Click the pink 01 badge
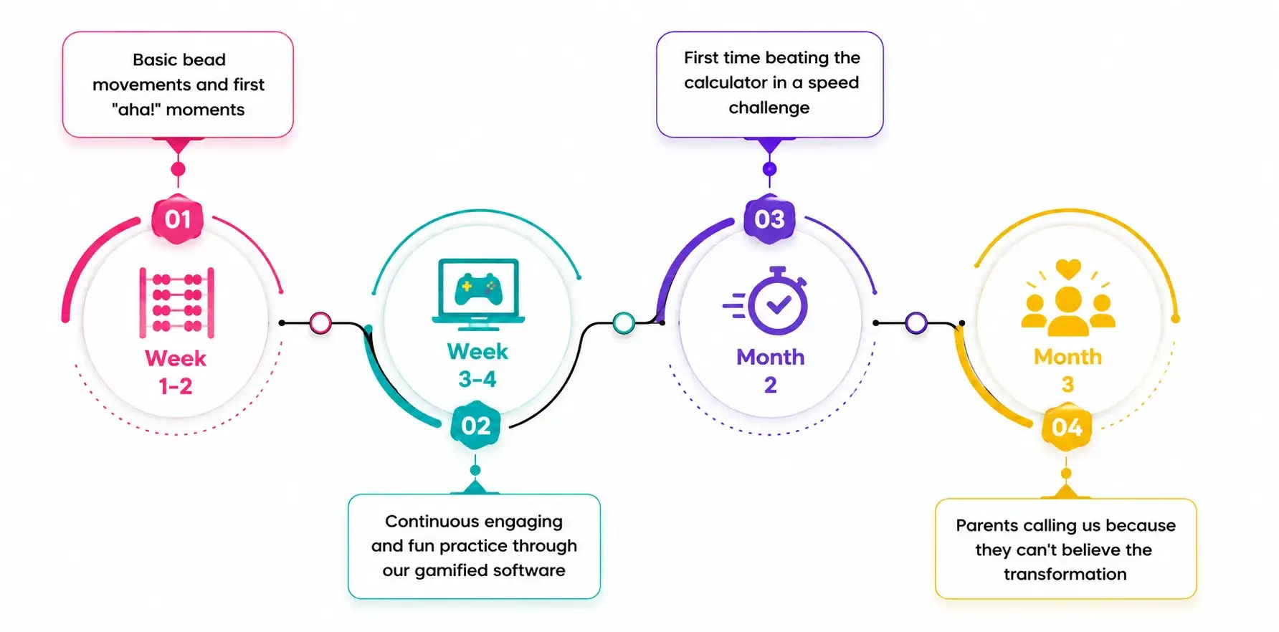[x=178, y=219]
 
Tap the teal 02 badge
[x=475, y=426]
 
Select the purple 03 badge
[x=769, y=219]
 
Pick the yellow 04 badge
[x=1067, y=427]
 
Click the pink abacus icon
[x=176, y=302]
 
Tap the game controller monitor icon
[x=478, y=295]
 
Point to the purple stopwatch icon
[x=766, y=301]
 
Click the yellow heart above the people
[x=1068, y=269]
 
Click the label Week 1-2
[x=176, y=372]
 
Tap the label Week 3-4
[x=477, y=365]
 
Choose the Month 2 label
[x=771, y=370]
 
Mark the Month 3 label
[x=1068, y=370]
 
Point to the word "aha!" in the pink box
[x=136, y=110]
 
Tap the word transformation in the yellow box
[x=1065, y=574]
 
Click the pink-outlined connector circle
[x=320, y=323]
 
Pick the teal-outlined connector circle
[x=624, y=323]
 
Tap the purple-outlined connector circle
[x=916, y=323]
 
